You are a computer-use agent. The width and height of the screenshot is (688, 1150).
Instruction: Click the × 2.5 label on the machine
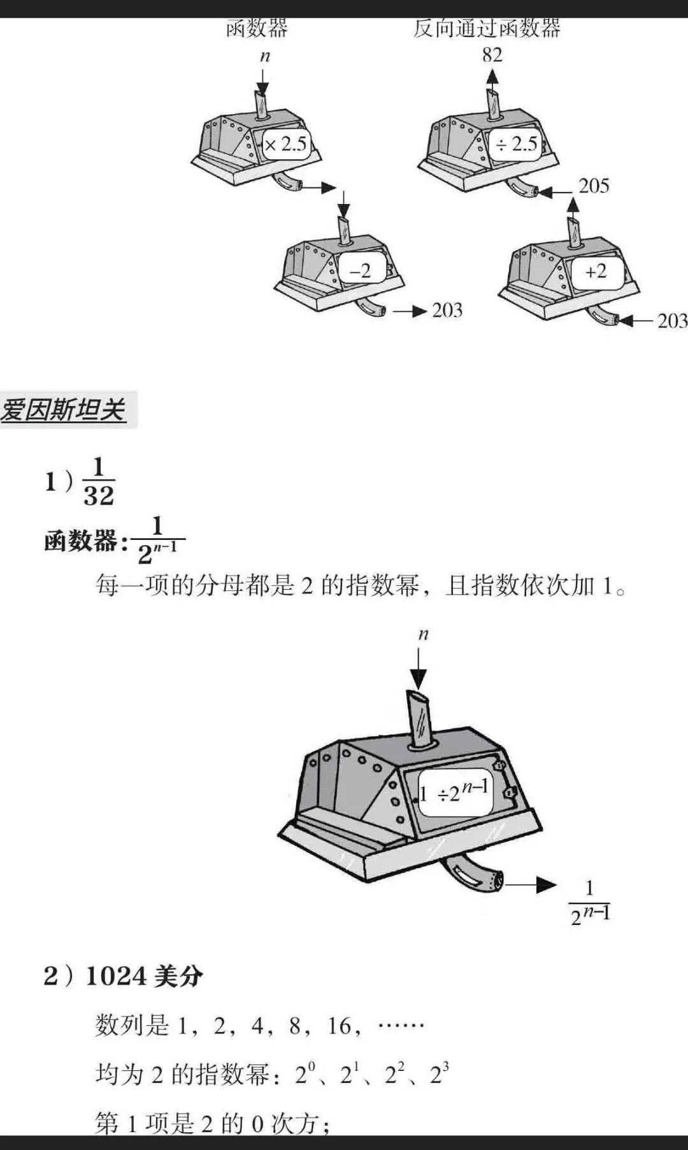(285, 144)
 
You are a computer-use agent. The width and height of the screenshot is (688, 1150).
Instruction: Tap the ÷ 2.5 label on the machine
(517, 144)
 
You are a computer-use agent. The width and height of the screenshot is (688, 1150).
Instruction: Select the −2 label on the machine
(360, 272)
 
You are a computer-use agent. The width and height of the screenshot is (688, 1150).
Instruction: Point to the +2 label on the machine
(596, 272)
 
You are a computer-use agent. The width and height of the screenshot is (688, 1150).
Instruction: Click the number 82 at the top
(492, 55)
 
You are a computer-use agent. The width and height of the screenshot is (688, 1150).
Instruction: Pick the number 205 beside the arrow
(594, 186)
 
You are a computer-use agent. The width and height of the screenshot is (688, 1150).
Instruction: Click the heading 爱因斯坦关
(63, 409)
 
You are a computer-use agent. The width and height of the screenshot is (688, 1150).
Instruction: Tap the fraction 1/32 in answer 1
(99, 483)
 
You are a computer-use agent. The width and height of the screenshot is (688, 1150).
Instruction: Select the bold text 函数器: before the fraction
(81, 541)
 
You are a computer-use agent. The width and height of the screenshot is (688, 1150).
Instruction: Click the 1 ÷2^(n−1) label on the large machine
(455, 792)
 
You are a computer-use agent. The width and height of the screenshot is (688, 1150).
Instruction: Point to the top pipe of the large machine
(420, 717)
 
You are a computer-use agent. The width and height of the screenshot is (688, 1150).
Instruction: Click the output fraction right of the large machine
(590, 903)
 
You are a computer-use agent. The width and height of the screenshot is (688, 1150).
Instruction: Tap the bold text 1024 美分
(144, 976)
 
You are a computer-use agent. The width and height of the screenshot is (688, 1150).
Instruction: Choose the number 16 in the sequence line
(340, 1026)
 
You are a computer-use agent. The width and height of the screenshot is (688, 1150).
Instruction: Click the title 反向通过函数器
(487, 29)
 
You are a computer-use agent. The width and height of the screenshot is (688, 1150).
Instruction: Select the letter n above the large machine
(424, 634)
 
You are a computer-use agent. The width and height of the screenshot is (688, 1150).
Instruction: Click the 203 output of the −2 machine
(447, 310)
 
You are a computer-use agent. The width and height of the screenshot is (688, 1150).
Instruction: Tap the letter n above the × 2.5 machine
(265, 56)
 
